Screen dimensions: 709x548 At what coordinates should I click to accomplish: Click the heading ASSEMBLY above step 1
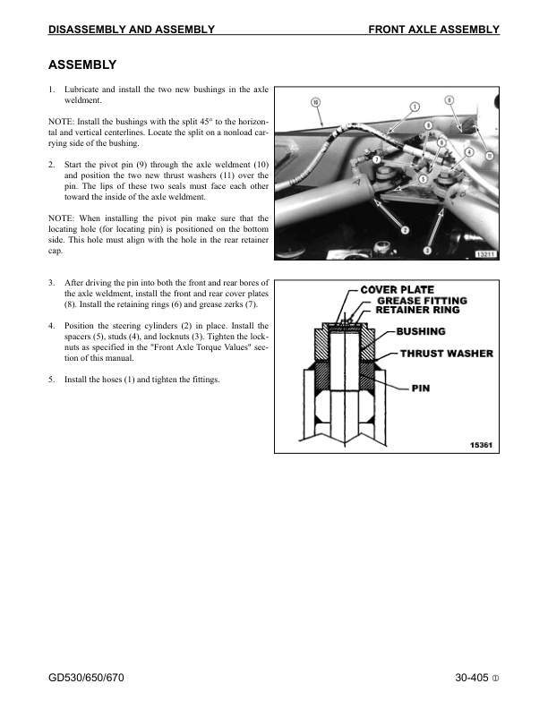82,65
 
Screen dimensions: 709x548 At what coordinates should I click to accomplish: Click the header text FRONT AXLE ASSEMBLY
433,30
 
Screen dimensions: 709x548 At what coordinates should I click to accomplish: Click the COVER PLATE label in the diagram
397,290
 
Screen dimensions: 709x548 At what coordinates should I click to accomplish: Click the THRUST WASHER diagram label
446,354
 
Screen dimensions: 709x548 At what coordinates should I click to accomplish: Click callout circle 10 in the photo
316,102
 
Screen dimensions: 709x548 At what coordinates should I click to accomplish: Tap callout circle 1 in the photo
415,107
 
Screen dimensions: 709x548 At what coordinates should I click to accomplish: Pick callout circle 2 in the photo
405,230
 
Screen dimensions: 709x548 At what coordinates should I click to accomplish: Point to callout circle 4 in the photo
469,152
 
